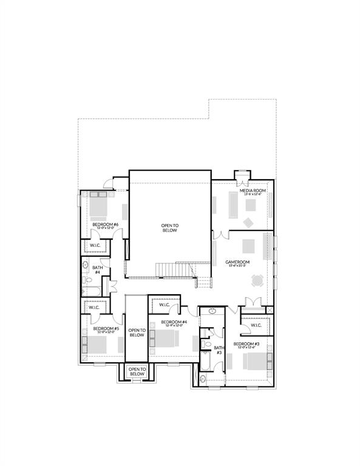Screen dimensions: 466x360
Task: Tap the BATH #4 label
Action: click(97, 270)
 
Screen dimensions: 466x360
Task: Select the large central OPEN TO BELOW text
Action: click(169, 228)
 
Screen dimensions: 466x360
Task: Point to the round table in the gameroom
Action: click(257, 280)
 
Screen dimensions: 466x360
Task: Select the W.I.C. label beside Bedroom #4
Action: click(165, 305)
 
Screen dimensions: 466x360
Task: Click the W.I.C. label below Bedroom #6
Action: click(95, 245)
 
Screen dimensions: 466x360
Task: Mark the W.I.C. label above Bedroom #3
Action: click(255, 325)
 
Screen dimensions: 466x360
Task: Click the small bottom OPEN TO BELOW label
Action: click(137, 371)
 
